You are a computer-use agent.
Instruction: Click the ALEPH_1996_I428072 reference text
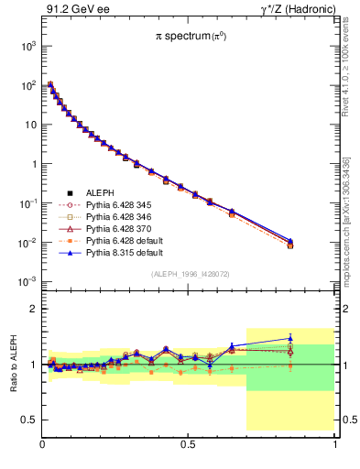click(191, 274)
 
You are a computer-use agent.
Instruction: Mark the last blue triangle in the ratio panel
click(290, 338)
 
